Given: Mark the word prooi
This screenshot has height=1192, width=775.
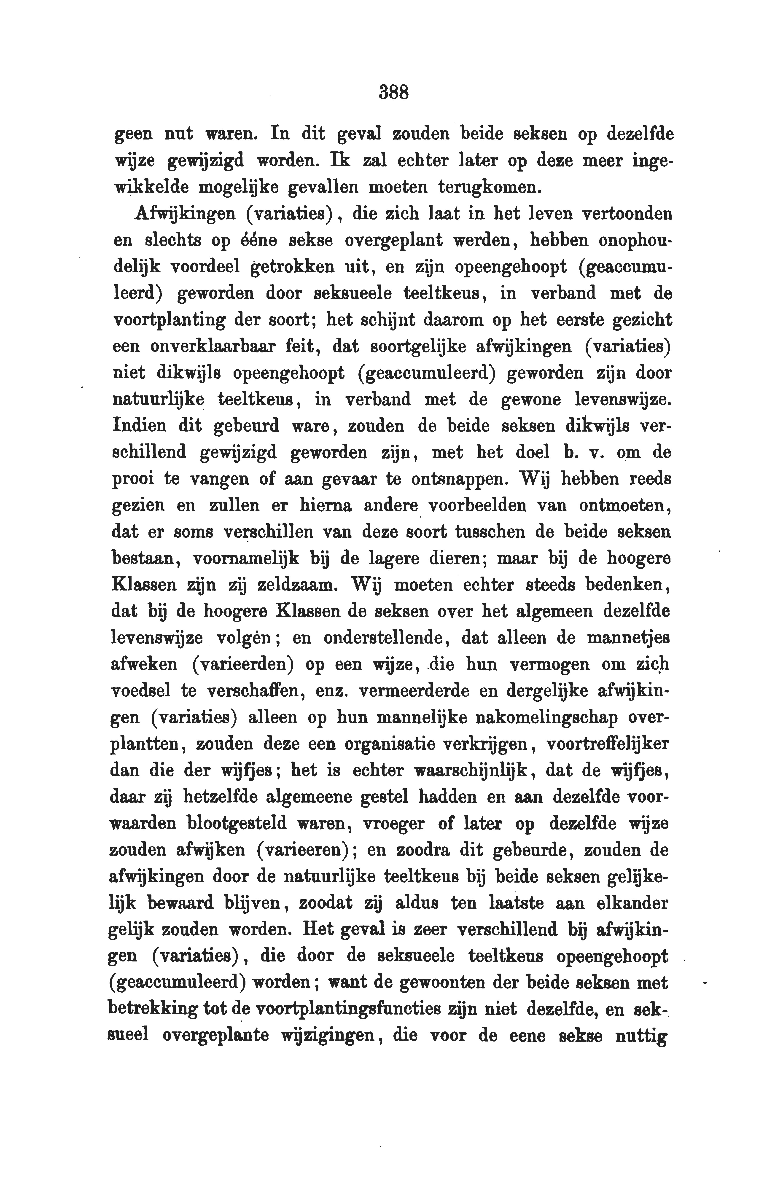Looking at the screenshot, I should [x=131, y=479].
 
